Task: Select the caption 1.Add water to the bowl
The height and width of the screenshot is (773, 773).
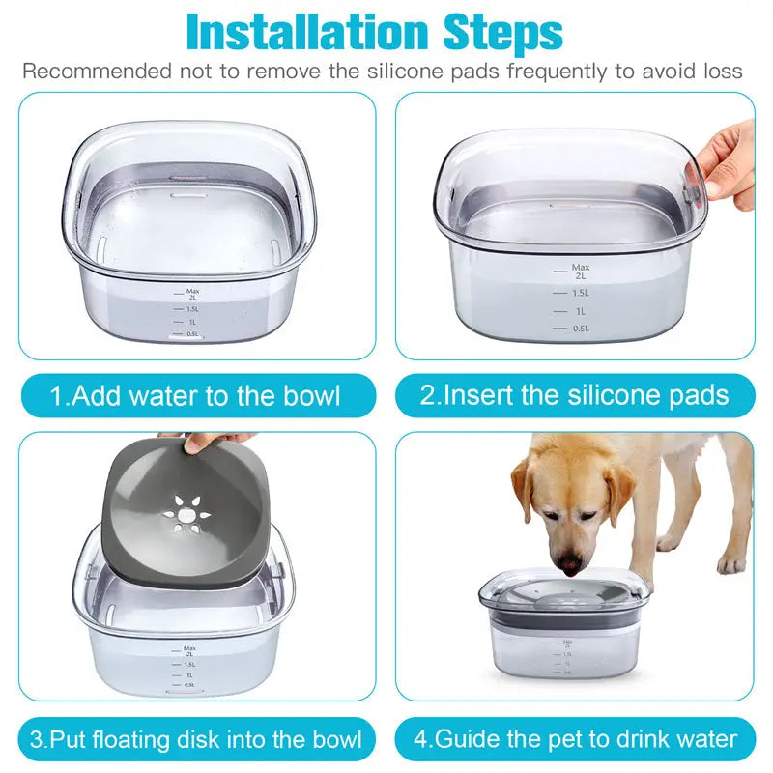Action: coord(196,395)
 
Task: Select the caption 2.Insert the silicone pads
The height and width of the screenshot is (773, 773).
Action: coord(574,395)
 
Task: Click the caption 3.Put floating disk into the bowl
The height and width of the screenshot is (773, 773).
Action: coord(196,740)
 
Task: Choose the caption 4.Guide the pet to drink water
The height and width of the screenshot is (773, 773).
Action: coord(576,740)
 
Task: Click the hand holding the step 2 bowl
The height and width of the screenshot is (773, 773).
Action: coord(730,164)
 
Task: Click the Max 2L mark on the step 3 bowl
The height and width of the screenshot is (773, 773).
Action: coord(189,651)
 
